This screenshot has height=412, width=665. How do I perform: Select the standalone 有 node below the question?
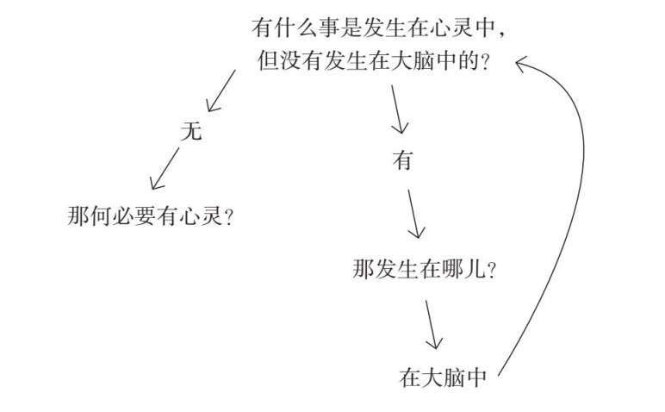point(402,160)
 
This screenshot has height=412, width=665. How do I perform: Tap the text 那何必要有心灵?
point(151,215)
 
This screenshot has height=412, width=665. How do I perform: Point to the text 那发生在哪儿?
point(424,268)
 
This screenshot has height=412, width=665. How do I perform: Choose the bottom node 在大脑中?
point(444,377)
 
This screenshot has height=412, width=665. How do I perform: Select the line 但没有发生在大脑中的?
point(374,61)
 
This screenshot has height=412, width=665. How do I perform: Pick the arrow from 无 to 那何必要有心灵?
point(166,169)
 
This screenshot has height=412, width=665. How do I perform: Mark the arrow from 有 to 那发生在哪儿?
point(414,213)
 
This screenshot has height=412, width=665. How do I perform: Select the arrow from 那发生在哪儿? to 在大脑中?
point(432,323)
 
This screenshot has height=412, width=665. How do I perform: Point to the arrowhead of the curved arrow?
point(522,62)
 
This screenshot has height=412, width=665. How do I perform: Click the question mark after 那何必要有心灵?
point(229,215)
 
